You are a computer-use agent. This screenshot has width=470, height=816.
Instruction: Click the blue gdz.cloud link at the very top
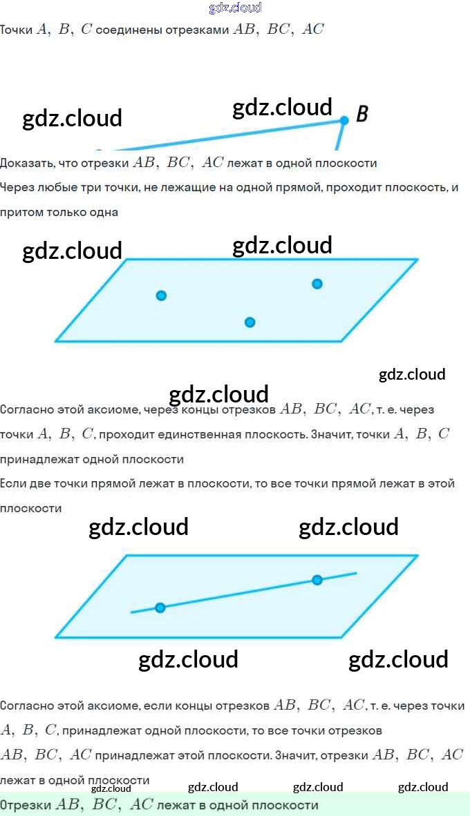[x=235, y=8]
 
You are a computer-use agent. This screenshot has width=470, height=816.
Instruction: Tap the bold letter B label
[x=361, y=114]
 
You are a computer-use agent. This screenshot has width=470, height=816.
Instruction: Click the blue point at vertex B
[x=344, y=121]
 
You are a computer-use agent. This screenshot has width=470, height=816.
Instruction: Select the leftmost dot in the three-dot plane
[x=161, y=295]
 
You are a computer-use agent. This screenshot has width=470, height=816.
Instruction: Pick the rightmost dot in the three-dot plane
[x=317, y=284]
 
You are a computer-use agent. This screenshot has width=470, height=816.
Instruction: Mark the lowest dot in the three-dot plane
[x=250, y=322]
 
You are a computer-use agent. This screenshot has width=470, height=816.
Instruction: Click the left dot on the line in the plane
[x=160, y=608]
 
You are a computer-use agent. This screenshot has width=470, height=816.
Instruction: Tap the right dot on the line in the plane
[x=317, y=580]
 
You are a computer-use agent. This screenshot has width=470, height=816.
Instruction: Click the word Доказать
[x=24, y=164]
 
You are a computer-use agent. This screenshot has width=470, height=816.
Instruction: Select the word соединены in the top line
[x=122, y=30]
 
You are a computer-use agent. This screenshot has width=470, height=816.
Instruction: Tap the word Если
[x=12, y=483]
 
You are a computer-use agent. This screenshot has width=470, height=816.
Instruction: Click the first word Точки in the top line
[x=16, y=30]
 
